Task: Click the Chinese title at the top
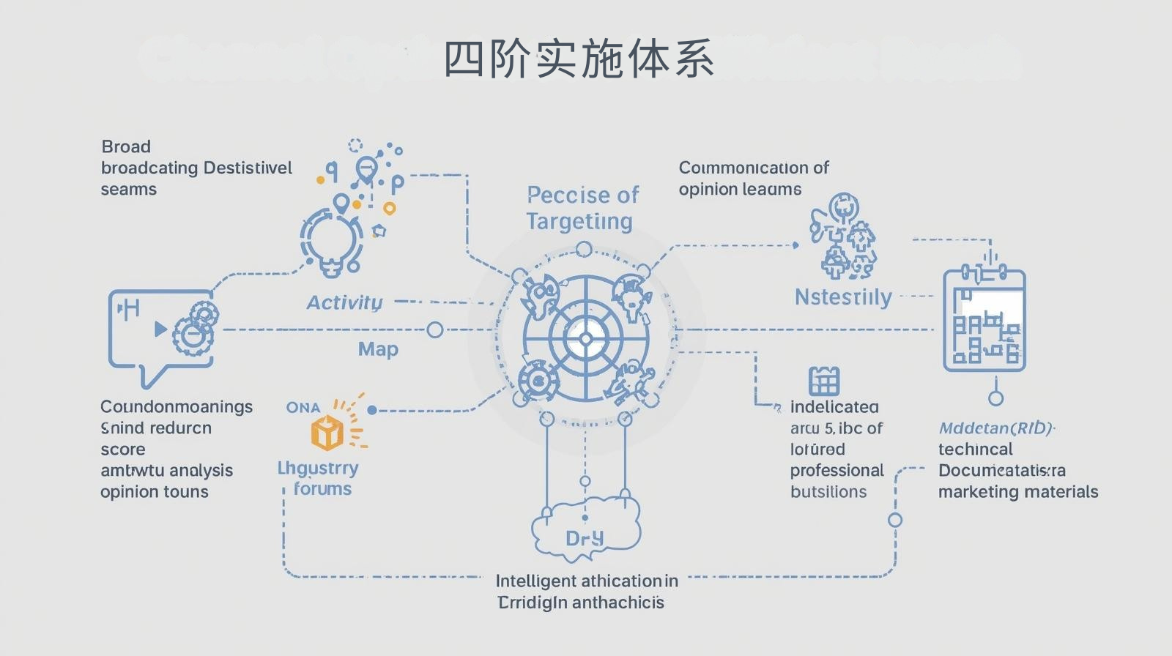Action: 579,59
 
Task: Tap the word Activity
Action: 344,302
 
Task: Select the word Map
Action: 378,349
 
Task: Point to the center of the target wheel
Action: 585,339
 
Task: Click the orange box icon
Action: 327,432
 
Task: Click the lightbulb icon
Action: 332,242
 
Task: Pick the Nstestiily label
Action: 843,297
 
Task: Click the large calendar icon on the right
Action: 984,319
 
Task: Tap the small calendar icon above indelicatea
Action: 823,381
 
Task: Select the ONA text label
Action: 303,407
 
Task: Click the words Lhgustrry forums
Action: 319,478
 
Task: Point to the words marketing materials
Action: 1018,492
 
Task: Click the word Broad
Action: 126,146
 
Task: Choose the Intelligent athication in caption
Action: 586,581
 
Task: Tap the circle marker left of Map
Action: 434,330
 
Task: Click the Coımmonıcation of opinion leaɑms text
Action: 753,178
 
